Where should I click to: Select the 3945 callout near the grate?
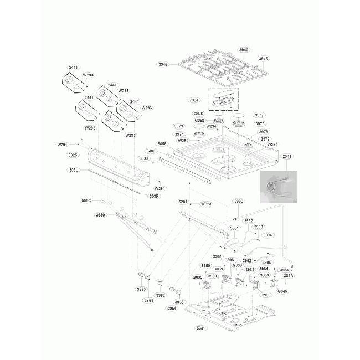[264, 59]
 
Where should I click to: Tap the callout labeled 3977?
[260, 115]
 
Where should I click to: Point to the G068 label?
[200, 120]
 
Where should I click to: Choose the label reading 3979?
[179, 126]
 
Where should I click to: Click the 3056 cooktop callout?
[162, 143]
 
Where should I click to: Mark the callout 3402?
[151, 150]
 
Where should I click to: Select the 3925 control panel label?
[73, 155]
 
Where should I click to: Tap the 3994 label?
[268, 235]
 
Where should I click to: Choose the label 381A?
[289, 275]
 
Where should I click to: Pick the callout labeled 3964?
[172, 308]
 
